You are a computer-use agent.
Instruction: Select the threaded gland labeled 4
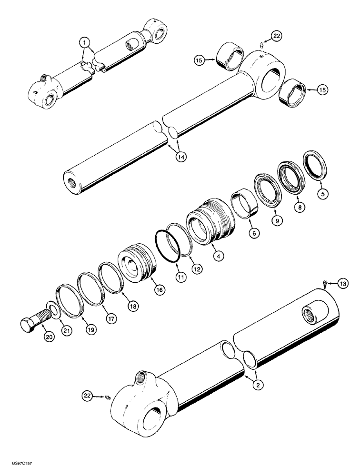click(210, 223)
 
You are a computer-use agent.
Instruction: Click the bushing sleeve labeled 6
click(247, 204)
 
